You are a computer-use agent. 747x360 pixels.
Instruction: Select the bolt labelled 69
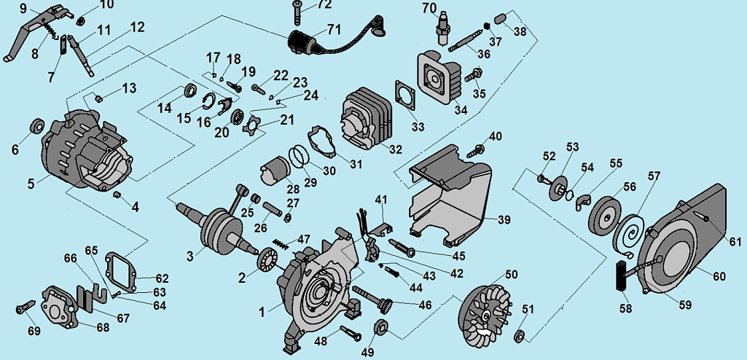21,309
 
